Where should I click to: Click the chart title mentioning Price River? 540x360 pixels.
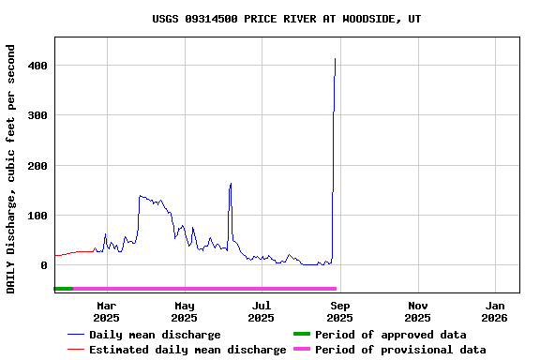[x=286, y=19]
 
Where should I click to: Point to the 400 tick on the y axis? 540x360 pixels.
[x=39, y=66]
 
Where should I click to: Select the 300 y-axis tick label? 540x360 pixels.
[x=39, y=115]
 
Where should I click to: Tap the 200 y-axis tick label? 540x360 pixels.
[x=39, y=166]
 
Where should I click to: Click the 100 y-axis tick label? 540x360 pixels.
[x=39, y=216]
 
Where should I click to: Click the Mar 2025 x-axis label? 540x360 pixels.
[x=106, y=311]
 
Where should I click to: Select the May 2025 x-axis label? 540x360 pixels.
[x=185, y=311]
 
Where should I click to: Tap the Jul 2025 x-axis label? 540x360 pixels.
[x=262, y=311]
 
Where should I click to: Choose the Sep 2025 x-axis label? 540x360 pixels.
[x=340, y=311]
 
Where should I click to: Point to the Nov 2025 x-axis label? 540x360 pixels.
[x=418, y=311]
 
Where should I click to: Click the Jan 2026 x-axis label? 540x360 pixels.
[x=495, y=311]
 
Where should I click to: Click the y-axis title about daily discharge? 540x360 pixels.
[x=11, y=168]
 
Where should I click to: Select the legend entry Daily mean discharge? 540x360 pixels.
[x=155, y=335]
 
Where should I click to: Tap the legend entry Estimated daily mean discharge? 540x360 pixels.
[x=187, y=350]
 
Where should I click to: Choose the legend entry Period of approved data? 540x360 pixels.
[x=390, y=335]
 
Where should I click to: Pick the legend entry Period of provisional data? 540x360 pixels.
[x=400, y=350]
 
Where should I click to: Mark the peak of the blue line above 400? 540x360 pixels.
[x=335, y=59]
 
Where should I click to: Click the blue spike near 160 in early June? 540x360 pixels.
[x=231, y=184]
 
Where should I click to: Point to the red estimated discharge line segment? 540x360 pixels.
[x=75, y=252]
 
